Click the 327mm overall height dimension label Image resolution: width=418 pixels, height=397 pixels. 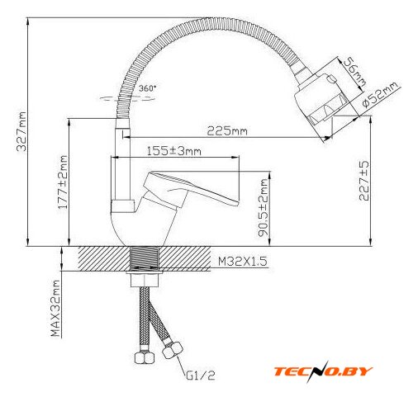(x=21, y=131)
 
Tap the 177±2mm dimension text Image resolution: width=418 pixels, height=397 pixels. (x=63, y=182)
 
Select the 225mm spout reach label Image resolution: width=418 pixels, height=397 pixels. (x=227, y=130)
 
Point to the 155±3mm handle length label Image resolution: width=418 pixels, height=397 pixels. (x=173, y=151)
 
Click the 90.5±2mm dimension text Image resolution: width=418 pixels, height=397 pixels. (x=264, y=208)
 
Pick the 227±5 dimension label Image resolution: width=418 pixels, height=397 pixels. (x=364, y=181)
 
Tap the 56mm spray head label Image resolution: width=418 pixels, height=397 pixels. (x=354, y=71)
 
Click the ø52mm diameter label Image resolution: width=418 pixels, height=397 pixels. (x=380, y=95)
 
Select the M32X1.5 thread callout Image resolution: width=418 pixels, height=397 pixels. (x=243, y=261)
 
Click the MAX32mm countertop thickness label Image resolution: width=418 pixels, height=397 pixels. (x=55, y=309)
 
